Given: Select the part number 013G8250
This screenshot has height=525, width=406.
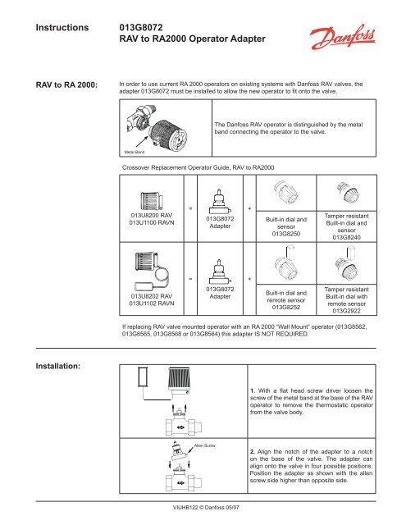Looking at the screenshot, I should coord(281,233).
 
